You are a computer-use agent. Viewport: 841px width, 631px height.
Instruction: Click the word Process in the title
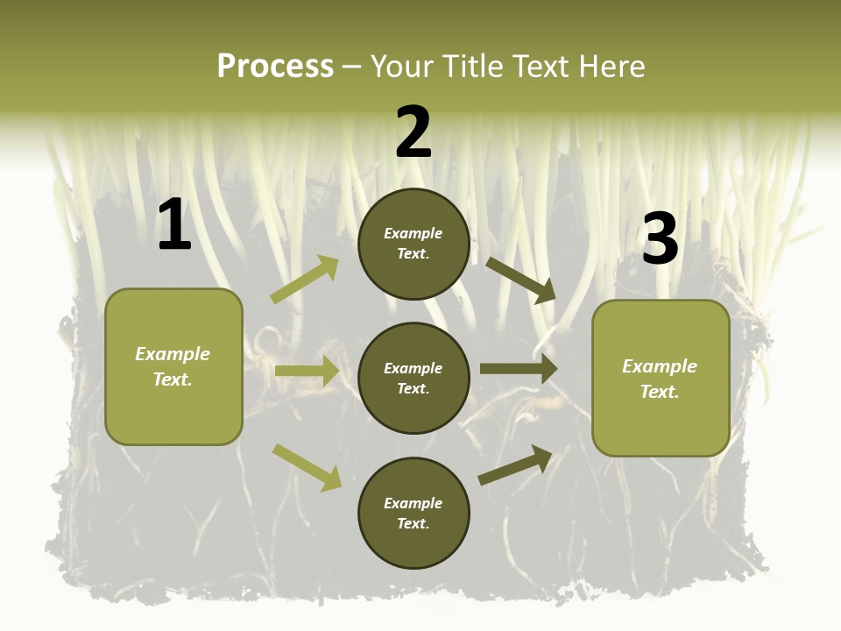pos(275,67)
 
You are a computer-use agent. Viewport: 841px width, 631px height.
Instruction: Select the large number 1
pos(174,225)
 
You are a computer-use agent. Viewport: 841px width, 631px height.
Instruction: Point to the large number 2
pos(413,132)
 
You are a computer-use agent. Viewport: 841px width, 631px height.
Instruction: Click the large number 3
pos(660,238)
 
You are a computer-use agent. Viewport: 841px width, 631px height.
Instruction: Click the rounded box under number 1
pos(173,366)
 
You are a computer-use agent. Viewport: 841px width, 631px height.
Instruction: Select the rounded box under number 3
pos(661,379)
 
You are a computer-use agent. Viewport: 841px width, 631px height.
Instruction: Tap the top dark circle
pos(413,244)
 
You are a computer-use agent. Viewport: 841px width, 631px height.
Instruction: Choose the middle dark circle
pos(413,379)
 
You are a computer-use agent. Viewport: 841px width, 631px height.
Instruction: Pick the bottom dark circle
pos(413,514)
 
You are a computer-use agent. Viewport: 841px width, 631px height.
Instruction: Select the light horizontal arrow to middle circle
pos(307,371)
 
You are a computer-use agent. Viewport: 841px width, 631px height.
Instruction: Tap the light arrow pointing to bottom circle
pos(307,466)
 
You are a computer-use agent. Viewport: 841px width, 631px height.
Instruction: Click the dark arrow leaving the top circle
pos(520,280)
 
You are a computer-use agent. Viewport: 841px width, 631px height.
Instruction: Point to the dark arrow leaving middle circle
pos(519,369)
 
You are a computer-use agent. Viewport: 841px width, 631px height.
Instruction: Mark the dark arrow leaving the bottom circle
pos(515,465)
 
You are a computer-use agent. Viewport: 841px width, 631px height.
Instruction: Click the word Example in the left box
pos(173,354)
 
